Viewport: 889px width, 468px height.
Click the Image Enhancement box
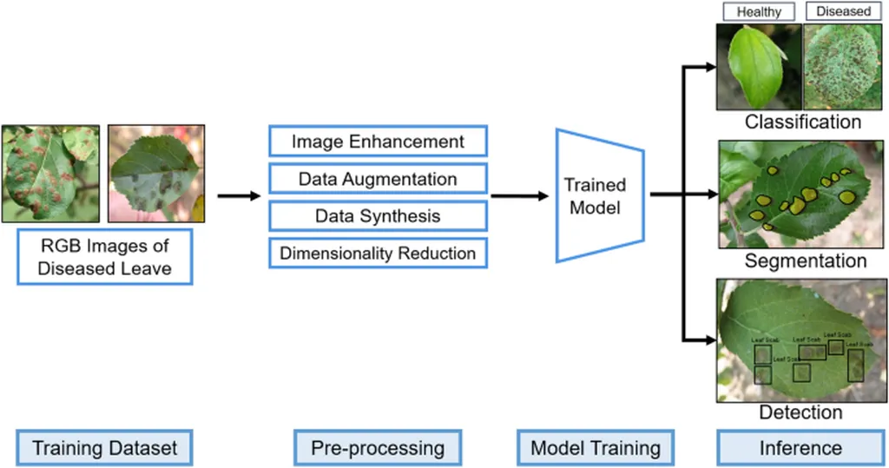coord(378,142)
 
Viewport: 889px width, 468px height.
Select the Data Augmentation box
coord(378,180)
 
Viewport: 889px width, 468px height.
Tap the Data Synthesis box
coord(378,216)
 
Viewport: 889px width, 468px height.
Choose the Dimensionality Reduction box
coord(378,254)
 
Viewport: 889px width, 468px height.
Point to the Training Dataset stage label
coord(104,448)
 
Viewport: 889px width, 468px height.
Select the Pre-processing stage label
coord(378,448)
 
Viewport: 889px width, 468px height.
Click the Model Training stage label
coord(596,448)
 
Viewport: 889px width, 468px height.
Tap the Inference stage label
coord(800,448)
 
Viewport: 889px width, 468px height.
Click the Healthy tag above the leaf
coord(759,12)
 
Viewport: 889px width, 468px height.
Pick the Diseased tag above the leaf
coord(843,12)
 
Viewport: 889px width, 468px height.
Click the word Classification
coord(803,122)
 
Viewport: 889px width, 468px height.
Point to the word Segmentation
coord(805,260)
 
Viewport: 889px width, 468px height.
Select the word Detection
coord(800,412)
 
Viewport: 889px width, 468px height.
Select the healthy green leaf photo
coord(758,67)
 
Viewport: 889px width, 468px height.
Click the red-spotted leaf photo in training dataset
coord(50,173)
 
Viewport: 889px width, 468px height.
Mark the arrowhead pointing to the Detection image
coord(709,339)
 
